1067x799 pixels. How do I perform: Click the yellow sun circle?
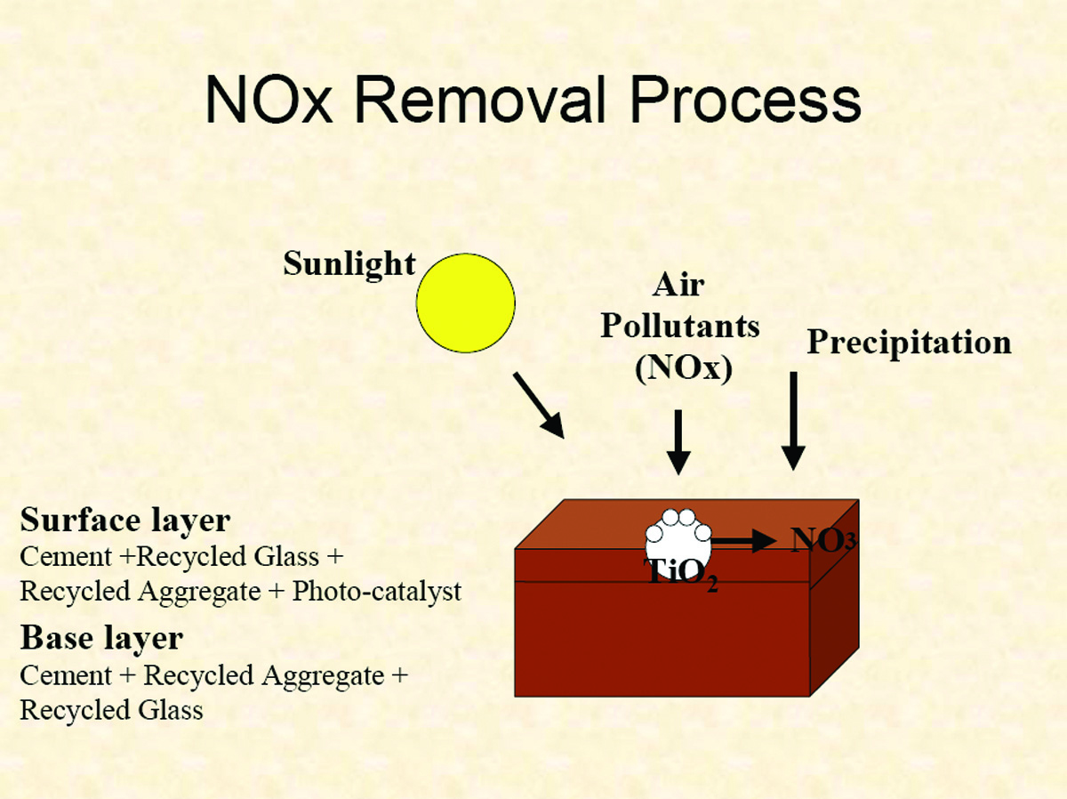[466, 303]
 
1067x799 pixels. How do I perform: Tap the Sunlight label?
[349, 264]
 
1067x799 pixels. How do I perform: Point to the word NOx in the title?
[269, 100]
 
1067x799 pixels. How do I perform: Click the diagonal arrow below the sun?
[539, 406]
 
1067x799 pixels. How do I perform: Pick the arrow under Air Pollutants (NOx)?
[678, 442]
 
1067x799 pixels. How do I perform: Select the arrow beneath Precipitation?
[793, 421]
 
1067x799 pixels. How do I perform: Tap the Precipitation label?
[909, 343]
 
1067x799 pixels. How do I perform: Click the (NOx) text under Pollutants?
[683, 367]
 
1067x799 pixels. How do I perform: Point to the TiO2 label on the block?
[680, 573]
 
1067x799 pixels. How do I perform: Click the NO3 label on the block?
[822, 539]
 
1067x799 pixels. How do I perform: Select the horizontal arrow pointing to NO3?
[743, 540]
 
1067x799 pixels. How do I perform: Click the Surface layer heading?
[125, 520]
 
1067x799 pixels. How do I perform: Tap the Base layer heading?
[101, 638]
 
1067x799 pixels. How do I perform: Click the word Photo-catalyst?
[376, 592]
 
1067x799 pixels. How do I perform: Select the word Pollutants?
[679, 326]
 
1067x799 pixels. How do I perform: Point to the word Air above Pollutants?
[678, 285]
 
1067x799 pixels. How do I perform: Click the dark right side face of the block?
[834, 598]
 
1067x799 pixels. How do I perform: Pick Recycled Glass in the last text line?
[111, 709]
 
